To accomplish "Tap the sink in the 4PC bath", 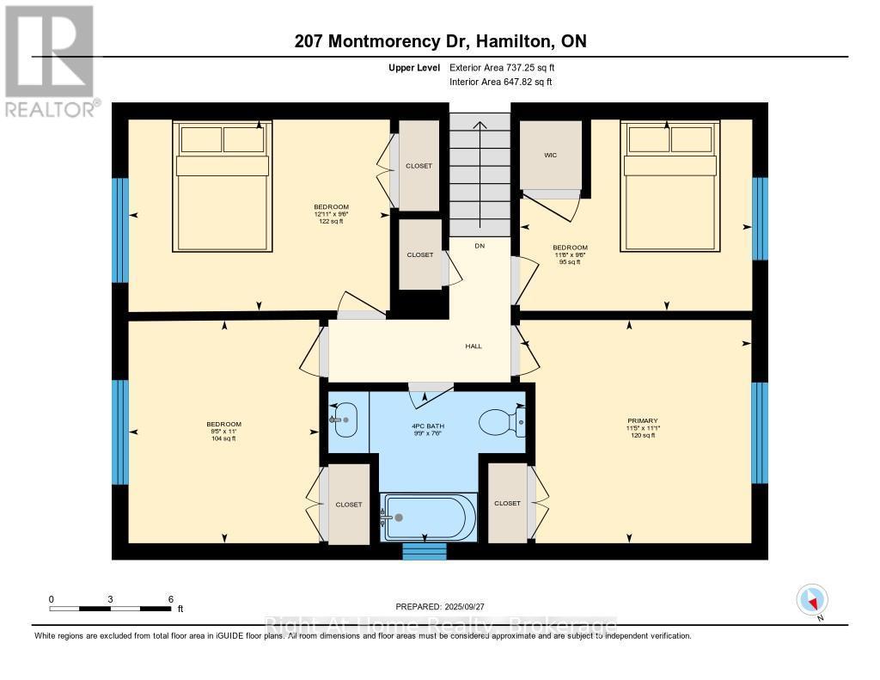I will (345, 420).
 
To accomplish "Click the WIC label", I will (551, 156).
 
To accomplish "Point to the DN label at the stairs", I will (480, 246).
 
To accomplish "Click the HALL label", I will (474, 346).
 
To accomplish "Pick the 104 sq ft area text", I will (223, 438).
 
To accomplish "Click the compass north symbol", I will (812, 600).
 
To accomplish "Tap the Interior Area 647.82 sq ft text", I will (501, 82).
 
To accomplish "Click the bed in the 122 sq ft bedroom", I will (222, 186).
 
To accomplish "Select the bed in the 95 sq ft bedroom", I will (671, 186).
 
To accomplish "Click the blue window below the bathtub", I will (425, 552).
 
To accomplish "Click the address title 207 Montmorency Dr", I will (439, 41).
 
